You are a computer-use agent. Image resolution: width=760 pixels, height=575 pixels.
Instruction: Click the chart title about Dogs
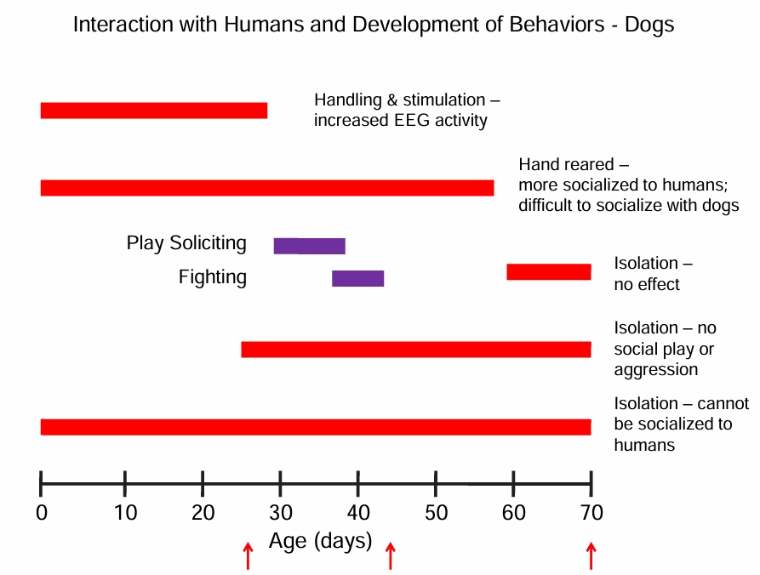pos(373,25)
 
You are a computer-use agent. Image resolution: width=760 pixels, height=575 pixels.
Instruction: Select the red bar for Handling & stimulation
pos(153,111)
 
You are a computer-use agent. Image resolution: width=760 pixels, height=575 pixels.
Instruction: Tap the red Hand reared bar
pos(266,188)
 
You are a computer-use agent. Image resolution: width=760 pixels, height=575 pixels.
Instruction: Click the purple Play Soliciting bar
pos(309,246)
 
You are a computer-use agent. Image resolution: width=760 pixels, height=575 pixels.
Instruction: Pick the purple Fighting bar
pos(357,278)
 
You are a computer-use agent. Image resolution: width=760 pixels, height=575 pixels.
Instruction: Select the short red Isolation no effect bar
pos(548,272)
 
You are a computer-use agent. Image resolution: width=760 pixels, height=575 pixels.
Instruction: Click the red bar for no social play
pos(415,350)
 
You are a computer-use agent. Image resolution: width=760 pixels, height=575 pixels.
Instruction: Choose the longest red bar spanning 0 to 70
pos(315,427)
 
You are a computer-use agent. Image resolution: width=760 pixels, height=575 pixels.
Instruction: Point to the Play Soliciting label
pos(186,243)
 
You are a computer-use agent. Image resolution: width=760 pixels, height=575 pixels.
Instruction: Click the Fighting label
pos(213,277)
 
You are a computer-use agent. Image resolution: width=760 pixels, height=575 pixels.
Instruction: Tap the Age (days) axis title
pos(320,540)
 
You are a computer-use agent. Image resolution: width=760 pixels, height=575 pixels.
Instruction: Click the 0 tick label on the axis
pos(41,513)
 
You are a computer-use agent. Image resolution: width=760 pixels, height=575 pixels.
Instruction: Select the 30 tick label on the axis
pos(280,513)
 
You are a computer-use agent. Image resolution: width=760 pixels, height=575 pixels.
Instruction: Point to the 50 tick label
pos(435,513)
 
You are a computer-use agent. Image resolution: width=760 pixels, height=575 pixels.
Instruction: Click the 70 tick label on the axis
pos(591,513)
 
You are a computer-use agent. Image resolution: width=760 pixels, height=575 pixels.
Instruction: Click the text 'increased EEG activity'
pos(400,120)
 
